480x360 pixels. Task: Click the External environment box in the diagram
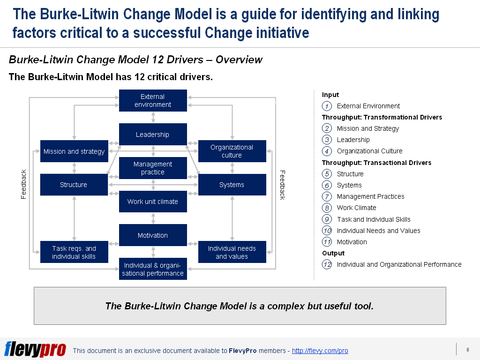point(153,101)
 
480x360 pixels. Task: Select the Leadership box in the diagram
point(153,135)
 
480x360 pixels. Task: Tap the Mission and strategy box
point(74,151)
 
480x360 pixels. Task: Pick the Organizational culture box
point(232,151)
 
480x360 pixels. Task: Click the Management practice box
point(153,168)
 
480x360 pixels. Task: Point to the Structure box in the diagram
point(74,185)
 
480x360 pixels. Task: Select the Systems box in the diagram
point(232,185)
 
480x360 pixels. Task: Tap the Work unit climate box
point(153,202)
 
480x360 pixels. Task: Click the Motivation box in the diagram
point(153,235)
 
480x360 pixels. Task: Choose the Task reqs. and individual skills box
point(74,252)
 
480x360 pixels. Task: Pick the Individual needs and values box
point(232,252)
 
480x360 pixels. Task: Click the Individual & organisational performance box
point(153,269)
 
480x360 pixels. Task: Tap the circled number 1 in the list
point(327,106)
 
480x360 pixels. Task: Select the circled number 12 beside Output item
point(327,264)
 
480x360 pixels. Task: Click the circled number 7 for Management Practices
point(327,196)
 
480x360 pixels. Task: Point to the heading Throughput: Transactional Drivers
point(376,163)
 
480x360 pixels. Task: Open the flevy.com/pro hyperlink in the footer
point(320,351)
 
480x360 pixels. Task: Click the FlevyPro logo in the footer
point(35,349)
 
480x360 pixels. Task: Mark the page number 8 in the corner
point(467,349)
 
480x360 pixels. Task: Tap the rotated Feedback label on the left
point(24,184)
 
